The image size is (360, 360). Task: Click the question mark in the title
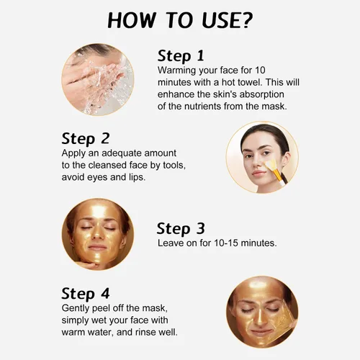point(245,20)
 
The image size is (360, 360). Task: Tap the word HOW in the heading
point(131,20)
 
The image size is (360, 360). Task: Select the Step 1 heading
point(181,56)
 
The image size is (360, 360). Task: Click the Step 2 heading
point(86,139)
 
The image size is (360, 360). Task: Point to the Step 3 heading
point(181,228)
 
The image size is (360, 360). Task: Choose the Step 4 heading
point(86,294)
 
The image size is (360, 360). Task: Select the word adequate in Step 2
point(122,153)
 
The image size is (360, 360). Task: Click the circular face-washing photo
point(98,79)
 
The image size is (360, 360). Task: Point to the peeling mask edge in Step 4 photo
point(286,318)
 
